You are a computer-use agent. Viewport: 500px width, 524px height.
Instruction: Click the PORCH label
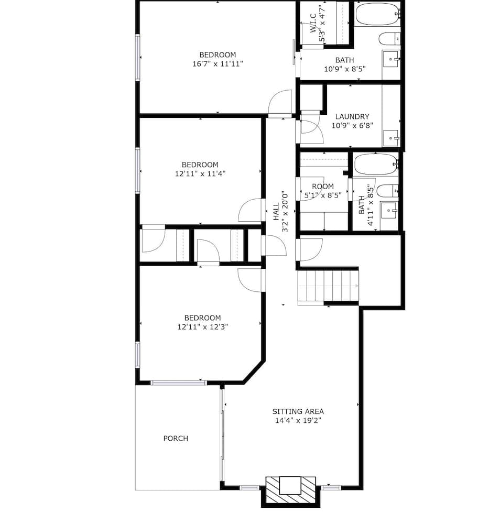(176, 438)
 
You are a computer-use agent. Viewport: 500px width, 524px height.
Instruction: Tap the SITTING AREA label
(298, 411)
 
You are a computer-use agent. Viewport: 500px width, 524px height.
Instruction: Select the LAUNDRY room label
(352, 117)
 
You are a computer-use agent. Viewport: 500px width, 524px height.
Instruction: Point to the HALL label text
(276, 211)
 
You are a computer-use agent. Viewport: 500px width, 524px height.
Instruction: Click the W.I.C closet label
(313, 23)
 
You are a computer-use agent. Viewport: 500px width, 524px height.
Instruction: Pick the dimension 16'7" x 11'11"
(218, 63)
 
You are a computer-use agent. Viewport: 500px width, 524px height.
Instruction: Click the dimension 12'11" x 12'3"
(202, 326)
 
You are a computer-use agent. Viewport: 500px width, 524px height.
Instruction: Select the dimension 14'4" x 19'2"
(298, 420)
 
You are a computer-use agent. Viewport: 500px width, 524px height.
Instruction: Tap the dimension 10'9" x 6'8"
(352, 126)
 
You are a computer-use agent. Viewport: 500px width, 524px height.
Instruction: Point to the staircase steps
(328, 287)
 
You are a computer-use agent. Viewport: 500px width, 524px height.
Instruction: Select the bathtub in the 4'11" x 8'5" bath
(375, 164)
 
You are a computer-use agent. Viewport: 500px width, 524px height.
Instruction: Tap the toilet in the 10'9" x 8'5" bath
(389, 39)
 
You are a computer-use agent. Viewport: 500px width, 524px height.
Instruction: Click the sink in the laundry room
(390, 138)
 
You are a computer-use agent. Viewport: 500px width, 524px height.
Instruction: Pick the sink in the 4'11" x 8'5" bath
(389, 211)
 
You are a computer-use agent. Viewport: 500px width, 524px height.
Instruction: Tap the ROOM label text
(322, 187)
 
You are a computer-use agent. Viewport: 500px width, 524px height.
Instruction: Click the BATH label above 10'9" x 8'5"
(344, 60)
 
